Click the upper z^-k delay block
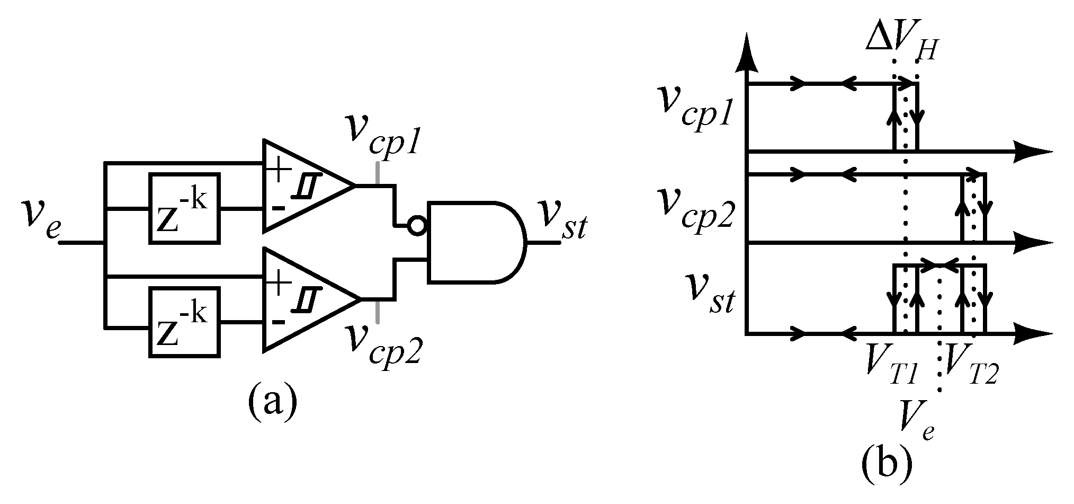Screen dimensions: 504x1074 pyautogui.click(x=184, y=208)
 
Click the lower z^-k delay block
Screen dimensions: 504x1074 pyautogui.click(x=184, y=322)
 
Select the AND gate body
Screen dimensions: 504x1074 pyautogui.click(x=474, y=242)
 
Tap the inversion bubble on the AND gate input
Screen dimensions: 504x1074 pyautogui.click(x=416, y=226)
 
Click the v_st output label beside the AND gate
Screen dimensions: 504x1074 pyautogui.click(x=561, y=222)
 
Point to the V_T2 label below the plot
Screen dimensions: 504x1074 pyautogui.click(x=971, y=366)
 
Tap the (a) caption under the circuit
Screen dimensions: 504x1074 pyautogui.click(x=272, y=402)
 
